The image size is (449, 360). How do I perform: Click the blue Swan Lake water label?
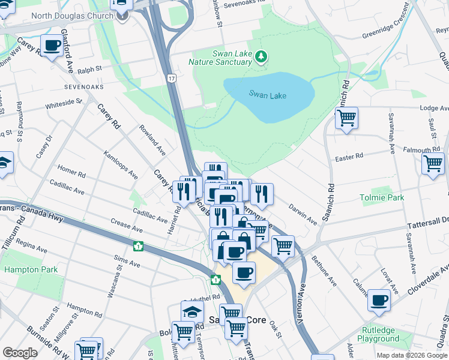click(268, 95)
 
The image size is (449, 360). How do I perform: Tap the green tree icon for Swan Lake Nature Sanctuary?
click(261, 57)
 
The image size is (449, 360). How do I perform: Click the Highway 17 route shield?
click(172, 79)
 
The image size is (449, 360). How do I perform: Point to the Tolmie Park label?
click(381, 197)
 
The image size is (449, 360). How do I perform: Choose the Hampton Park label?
click(31, 269)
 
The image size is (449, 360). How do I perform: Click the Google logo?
click(20, 353)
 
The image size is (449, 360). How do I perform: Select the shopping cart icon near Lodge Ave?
click(346, 118)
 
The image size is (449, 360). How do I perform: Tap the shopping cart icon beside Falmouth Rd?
click(433, 163)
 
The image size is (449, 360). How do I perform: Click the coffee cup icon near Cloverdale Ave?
click(379, 300)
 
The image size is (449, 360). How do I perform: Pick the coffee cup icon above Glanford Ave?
click(52, 45)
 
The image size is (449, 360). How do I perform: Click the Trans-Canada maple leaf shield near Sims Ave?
click(138, 246)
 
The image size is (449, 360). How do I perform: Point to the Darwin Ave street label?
click(303, 213)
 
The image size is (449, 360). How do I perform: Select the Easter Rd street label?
click(349, 156)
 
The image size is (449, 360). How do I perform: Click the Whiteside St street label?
click(64, 104)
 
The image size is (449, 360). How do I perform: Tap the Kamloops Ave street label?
click(120, 166)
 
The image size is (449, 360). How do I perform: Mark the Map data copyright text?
click(411, 355)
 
